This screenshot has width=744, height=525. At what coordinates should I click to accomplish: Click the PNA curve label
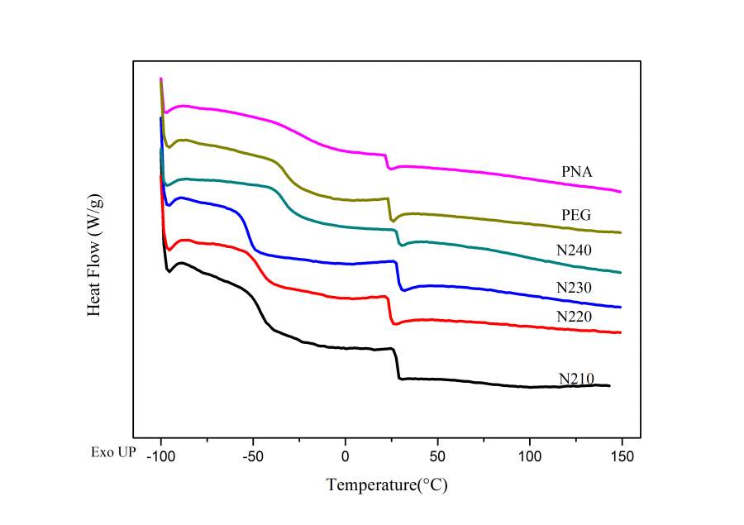click(x=576, y=172)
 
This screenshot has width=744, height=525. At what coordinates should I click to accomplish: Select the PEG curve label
click(x=576, y=216)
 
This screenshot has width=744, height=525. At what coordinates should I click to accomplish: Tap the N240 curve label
click(x=576, y=250)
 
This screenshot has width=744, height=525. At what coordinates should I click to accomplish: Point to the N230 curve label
click(x=576, y=288)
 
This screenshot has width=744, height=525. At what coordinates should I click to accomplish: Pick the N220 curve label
click(x=576, y=316)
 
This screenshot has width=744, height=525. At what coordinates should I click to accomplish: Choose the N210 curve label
click(x=576, y=379)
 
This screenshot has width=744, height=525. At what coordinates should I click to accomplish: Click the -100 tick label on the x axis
click(x=160, y=456)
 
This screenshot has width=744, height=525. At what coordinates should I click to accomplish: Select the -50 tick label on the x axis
click(x=253, y=456)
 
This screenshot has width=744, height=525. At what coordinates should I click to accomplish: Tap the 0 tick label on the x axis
click(x=346, y=456)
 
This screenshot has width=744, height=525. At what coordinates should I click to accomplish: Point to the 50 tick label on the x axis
click(x=437, y=456)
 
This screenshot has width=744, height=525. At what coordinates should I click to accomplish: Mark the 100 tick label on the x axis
click(x=530, y=456)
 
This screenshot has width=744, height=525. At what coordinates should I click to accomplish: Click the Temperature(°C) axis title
click(x=387, y=484)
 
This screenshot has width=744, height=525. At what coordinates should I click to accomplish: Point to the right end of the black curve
click(x=609, y=385)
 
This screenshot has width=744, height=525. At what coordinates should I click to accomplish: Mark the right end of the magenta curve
click(x=620, y=192)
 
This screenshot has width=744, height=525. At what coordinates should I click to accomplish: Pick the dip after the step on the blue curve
click(x=403, y=290)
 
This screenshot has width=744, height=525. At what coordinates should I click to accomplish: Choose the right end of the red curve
click(x=620, y=332)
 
